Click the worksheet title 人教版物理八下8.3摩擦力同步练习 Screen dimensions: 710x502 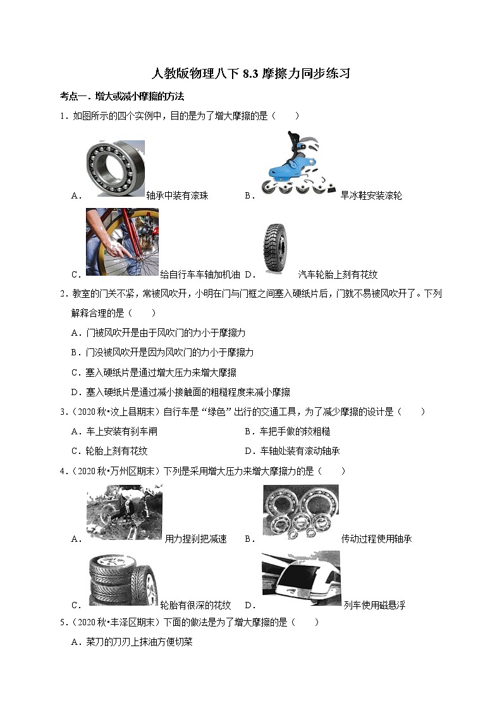[x=251, y=74]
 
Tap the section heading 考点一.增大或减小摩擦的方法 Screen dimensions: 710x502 [x=121, y=97]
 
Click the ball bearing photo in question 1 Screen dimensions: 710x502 [x=116, y=169]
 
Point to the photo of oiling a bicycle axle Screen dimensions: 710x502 [x=122, y=243]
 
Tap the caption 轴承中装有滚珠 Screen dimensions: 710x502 [x=177, y=196]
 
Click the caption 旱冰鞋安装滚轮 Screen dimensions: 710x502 [x=371, y=196]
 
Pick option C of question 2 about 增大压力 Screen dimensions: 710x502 [x=154, y=373]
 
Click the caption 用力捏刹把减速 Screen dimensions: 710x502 [x=195, y=539]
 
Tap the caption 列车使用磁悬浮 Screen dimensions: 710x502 [x=374, y=606]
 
